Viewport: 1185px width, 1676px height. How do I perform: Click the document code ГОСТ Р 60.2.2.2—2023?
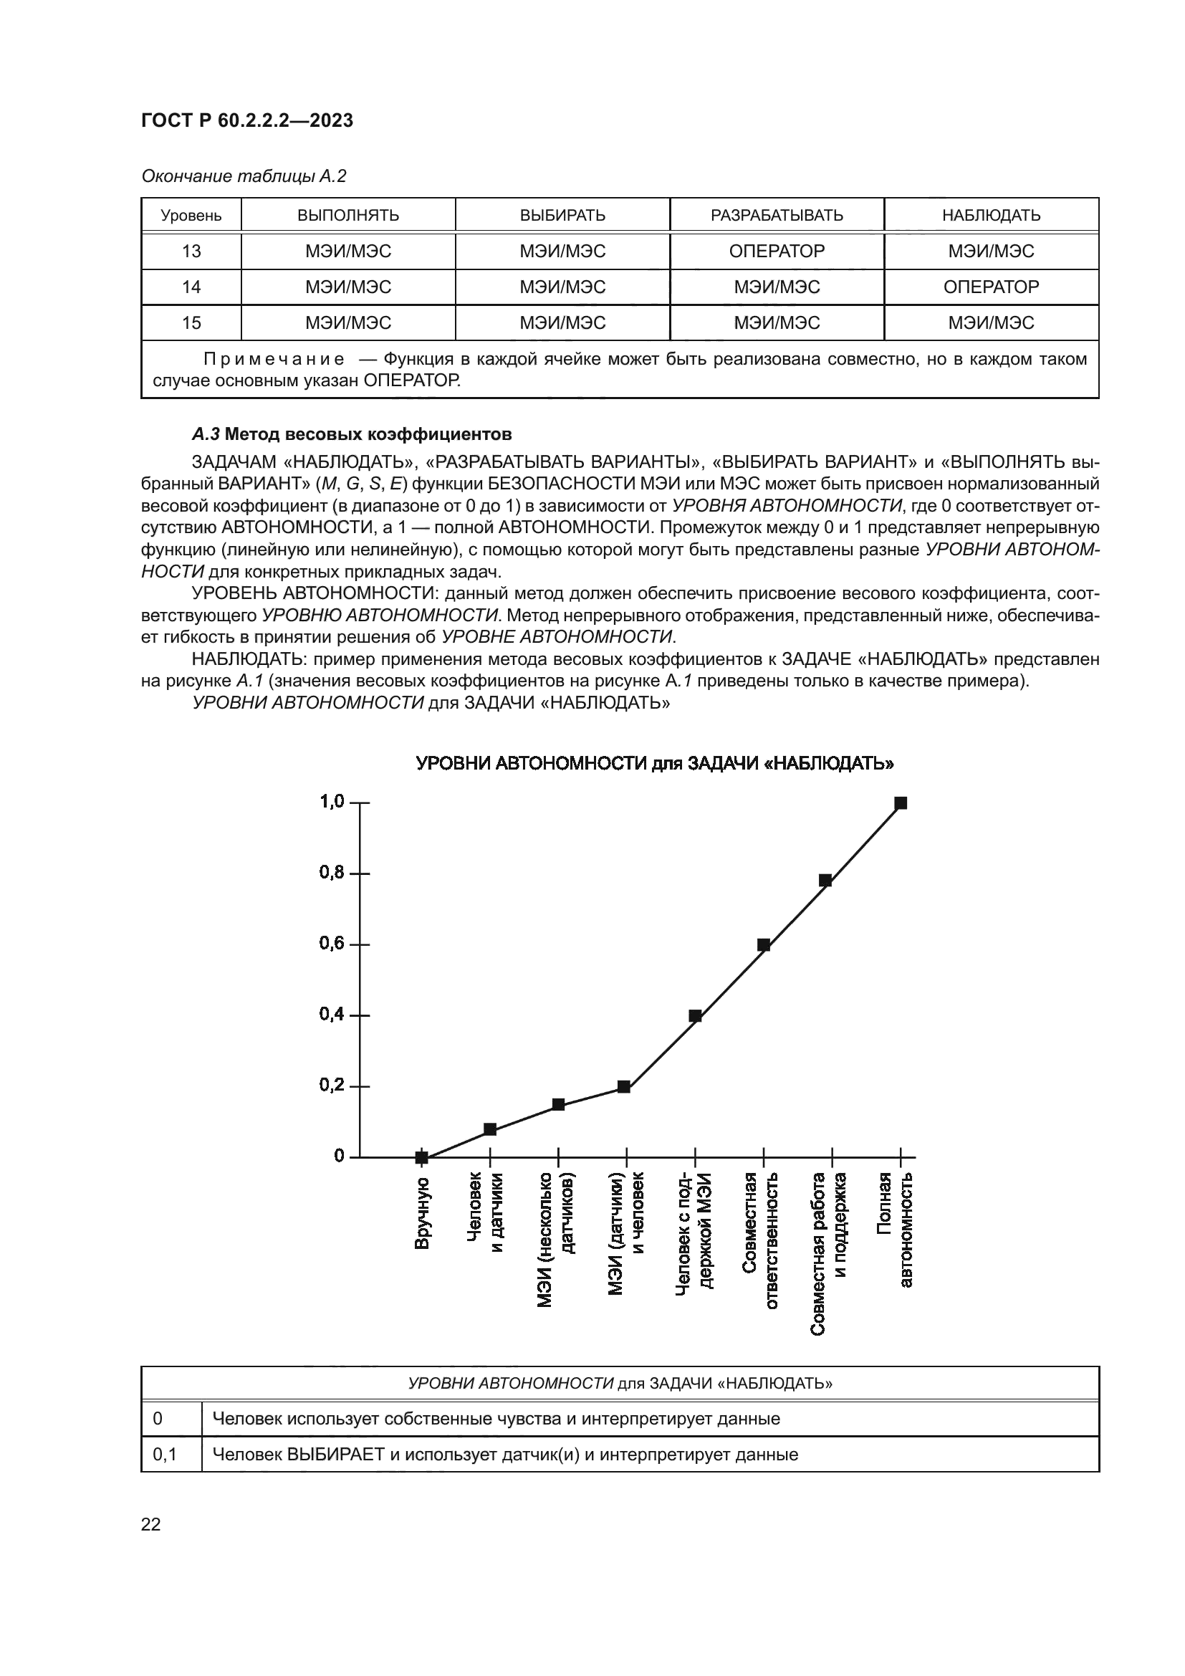click(246, 120)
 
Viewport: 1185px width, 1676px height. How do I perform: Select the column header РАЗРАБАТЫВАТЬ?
click(777, 216)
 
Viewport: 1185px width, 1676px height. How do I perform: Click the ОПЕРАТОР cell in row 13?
click(777, 251)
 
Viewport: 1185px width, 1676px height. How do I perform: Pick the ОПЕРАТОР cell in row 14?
click(990, 287)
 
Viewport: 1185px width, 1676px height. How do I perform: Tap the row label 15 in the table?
click(191, 322)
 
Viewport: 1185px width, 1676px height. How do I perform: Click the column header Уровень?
click(191, 216)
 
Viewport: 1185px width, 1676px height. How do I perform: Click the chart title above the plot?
click(655, 764)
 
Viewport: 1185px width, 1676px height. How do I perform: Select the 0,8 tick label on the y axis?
click(331, 873)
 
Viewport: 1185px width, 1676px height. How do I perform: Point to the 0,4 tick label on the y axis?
click(331, 1015)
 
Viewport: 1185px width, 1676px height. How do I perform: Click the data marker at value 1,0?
click(901, 803)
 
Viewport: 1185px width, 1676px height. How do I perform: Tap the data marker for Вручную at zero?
click(422, 1157)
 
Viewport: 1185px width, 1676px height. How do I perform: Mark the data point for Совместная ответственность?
click(763, 944)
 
